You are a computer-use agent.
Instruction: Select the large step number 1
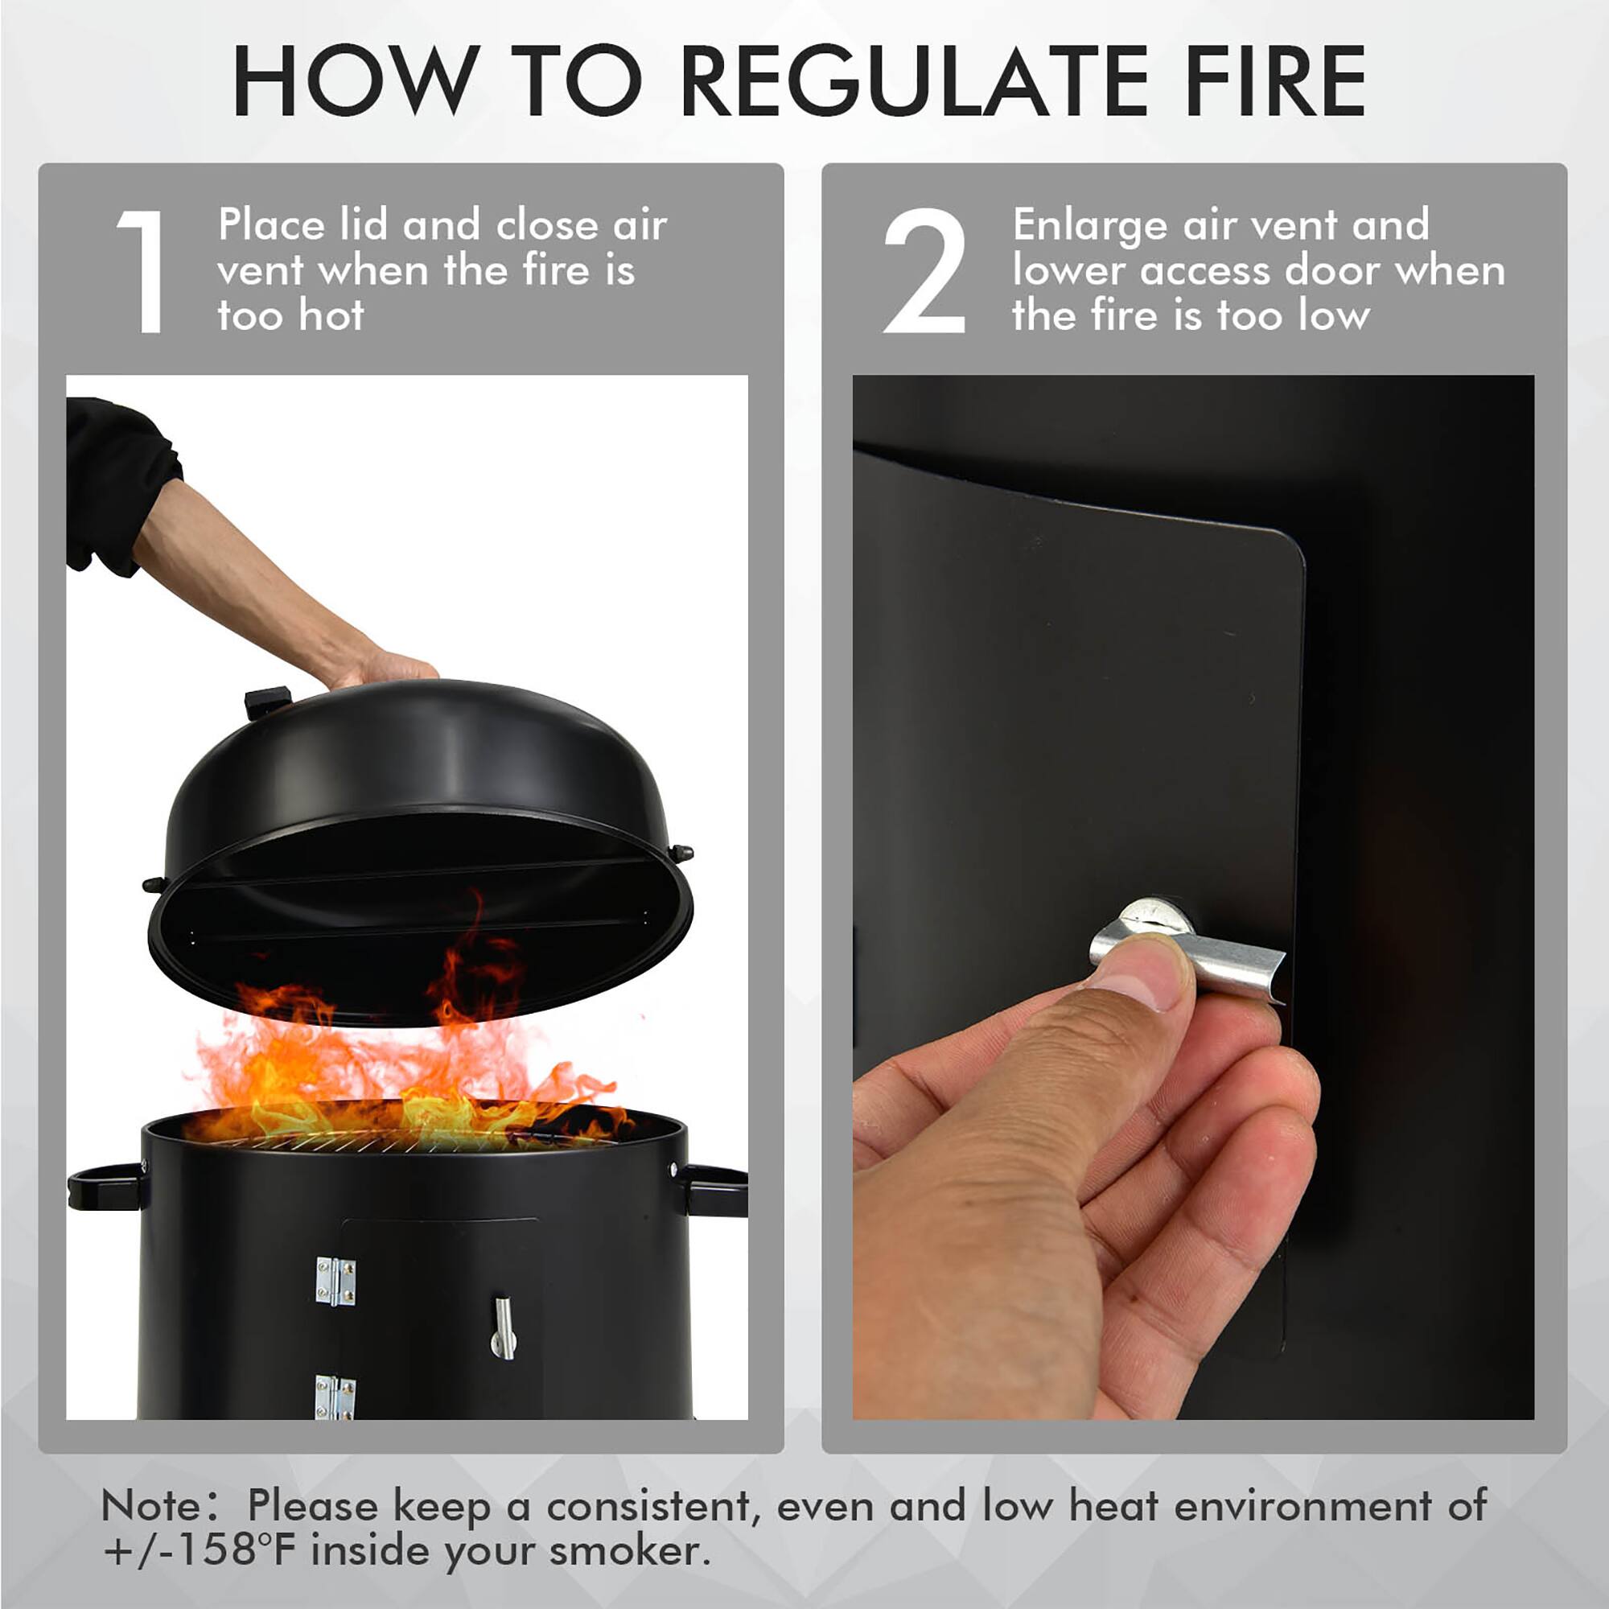point(142,271)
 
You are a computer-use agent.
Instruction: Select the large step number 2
point(924,271)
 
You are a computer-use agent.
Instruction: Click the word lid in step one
point(363,225)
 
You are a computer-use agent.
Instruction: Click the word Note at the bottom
point(150,1506)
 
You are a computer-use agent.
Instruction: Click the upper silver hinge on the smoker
point(335,1281)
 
